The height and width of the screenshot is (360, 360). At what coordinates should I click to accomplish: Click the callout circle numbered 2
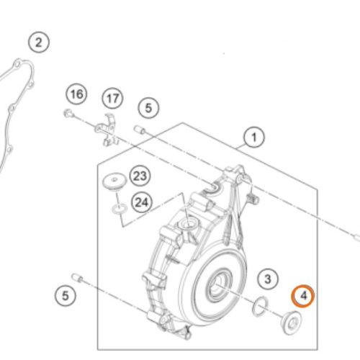(39, 42)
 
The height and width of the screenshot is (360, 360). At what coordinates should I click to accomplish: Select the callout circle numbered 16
(76, 94)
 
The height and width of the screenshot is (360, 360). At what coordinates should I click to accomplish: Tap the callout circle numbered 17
(112, 98)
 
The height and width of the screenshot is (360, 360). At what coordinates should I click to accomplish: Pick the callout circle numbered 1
(254, 138)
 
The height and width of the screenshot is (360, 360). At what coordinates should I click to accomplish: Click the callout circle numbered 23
(140, 176)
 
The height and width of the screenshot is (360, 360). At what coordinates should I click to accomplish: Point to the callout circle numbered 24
(142, 202)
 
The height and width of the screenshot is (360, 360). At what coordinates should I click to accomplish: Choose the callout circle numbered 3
(268, 279)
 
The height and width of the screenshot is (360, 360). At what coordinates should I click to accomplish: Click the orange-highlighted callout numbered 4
(303, 296)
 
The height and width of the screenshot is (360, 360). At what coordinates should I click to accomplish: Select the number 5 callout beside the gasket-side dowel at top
(148, 108)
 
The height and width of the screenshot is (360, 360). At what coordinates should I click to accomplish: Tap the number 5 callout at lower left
(66, 295)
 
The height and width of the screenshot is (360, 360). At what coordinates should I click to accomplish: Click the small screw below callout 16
(68, 113)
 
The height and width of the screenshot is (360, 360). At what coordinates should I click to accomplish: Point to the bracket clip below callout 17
(107, 130)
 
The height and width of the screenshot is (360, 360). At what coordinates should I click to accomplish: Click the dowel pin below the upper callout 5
(139, 130)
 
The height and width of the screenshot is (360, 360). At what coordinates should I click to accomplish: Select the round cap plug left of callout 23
(114, 181)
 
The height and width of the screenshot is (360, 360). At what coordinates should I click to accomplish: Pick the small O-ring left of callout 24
(120, 208)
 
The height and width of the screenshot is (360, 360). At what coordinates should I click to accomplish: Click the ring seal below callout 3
(260, 306)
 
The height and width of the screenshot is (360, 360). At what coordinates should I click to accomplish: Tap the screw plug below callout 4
(291, 323)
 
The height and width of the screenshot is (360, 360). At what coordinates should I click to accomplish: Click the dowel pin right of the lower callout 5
(77, 278)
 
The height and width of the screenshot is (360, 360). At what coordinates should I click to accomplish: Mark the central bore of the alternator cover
(217, 285)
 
